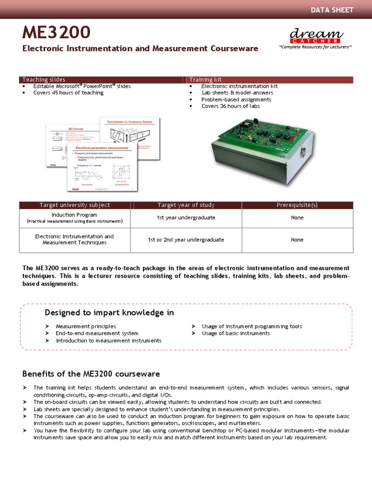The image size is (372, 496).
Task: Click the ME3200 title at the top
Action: coord(56,33)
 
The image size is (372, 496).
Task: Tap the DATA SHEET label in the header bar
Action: coord(332,10)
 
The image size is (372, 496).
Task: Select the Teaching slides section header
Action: coord(44,79)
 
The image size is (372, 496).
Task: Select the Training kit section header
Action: coord(205,79)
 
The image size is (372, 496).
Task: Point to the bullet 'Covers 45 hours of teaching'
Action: coord(68,93)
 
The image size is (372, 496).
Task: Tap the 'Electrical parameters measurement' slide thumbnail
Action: coord(103,168)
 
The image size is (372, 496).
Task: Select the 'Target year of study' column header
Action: coord(186,205)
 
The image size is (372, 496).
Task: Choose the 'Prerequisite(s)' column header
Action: coord(297,205)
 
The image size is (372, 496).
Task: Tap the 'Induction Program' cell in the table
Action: coord(74,215)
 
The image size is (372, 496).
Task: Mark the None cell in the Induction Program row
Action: coord(297,217)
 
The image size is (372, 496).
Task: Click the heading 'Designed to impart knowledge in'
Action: coord(109,312)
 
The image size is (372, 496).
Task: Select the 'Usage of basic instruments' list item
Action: coord(236,333)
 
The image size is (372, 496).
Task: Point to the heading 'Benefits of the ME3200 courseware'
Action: coord(91,374)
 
